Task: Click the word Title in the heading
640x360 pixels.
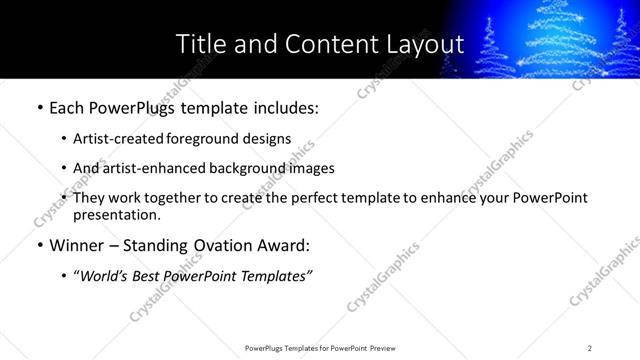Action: tap(201, 44)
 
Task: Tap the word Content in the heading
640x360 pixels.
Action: tap(324, 44)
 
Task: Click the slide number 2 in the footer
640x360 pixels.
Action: tap(589, 348)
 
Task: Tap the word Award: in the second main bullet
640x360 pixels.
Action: tap(284, 243)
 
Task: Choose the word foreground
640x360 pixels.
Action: tap(209, 138)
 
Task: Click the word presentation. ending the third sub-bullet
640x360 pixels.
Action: tap(116, 214)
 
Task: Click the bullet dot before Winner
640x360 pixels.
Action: tap(38, 243)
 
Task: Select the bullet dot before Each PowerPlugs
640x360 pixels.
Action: tap(38, 107)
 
